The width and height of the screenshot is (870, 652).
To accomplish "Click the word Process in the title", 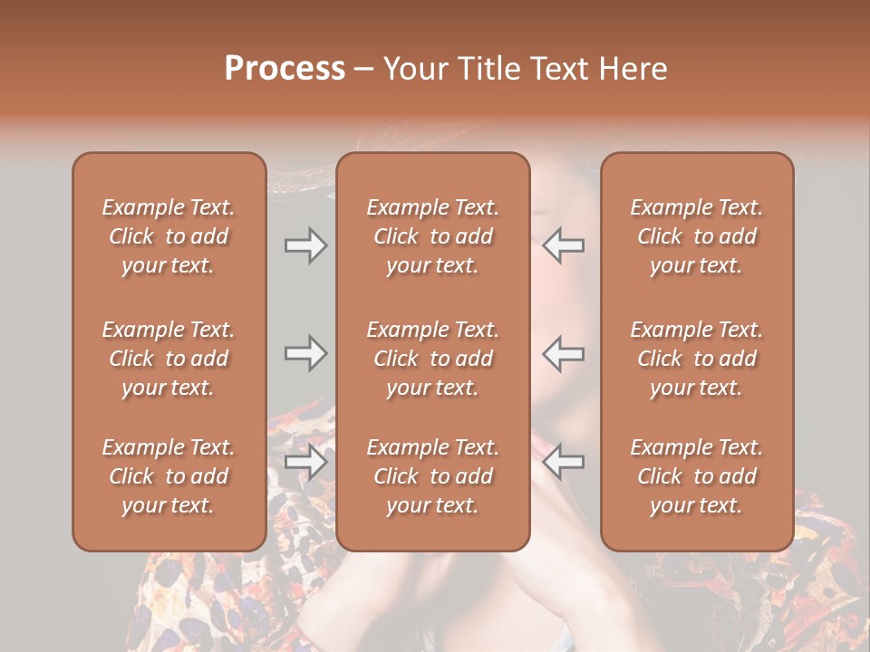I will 285,69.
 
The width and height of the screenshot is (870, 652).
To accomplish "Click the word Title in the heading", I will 488,69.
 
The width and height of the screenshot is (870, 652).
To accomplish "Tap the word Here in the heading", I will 632,69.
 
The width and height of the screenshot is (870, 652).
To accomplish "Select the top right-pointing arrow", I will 305,245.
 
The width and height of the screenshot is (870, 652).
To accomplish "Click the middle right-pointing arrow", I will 305,353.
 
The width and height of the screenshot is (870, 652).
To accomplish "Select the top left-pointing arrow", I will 563,245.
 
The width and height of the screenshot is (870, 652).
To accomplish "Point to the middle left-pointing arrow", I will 563,353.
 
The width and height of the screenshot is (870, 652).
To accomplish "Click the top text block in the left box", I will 169,236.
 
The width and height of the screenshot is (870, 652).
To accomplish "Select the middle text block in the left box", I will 169,359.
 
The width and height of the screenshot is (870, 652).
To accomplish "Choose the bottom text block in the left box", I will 169,476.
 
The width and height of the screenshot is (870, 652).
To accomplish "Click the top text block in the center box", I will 433,236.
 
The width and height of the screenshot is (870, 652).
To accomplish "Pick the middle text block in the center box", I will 433,359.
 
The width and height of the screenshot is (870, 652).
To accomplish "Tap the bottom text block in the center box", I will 433,476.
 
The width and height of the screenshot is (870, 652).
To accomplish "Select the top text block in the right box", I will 697,236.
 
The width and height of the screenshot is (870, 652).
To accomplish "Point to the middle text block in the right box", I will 697,359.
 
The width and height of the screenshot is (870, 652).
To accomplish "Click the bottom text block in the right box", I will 697,476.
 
